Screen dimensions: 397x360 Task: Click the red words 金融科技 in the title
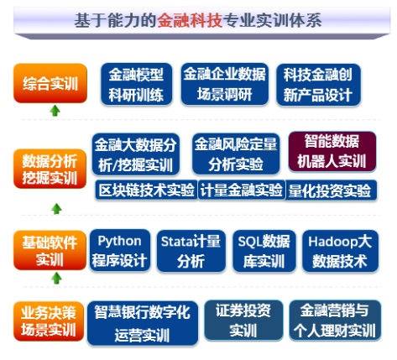[190, 20]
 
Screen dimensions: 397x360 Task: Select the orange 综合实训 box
[50, 83]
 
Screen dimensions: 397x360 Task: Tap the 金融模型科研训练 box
[136, 84]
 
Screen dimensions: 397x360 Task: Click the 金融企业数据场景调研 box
[225, 84]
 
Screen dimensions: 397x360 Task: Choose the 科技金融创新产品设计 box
[318, 85]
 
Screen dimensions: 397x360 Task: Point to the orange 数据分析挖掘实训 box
[50, 169]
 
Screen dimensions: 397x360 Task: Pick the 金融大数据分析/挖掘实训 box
[136, 154]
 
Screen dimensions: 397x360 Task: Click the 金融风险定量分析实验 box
[236, 154]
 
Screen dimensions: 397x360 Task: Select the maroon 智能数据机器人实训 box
[332, 151]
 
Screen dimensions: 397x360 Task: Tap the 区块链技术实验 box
[146, 190]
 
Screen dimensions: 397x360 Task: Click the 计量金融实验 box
[242, 190]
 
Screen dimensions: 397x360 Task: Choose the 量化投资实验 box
[331, 190]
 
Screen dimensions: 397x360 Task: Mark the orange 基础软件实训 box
[50, 250]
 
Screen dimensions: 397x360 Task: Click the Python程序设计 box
[120, 250]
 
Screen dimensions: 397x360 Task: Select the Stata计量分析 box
[191, 251]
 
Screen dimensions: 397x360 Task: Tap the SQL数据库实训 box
[264, 251]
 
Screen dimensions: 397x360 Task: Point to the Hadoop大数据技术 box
[340, 251]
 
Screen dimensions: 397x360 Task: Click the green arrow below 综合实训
[55, 111]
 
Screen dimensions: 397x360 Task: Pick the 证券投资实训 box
[243, 321]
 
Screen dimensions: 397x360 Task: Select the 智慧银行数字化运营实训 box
[143, 323]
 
